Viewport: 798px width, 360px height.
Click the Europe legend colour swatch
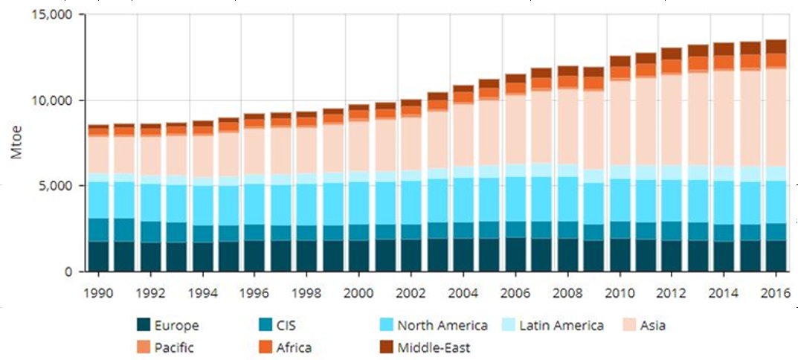pyautogui.click(x=144, y=325)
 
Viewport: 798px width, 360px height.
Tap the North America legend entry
pyautogui.click(x=443, y=325)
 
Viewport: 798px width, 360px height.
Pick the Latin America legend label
pyautogui.click(x=561, y=325)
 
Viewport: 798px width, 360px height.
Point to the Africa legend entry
pyautogui.click(x=294, y=347)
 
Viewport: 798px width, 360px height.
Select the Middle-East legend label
pyautogui.click(x=434, y=347)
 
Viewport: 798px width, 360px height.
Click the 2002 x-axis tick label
pyautogui.click(x=411, y=292)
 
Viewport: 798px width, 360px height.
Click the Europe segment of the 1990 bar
pyautogui.click(x=98, y=257)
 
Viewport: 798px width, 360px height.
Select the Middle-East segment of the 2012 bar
pyautogui.click(x=672, y=54)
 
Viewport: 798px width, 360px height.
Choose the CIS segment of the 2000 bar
pyautogui.click(x=359, y=233)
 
